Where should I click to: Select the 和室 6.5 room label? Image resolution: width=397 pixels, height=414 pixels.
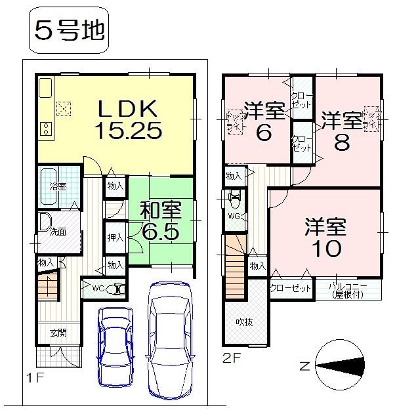(159, 222)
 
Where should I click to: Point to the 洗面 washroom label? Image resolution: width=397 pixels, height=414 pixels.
(58, 231)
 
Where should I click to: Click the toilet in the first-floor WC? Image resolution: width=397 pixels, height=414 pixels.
(117, 288)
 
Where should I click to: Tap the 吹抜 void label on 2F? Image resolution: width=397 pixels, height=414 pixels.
(246, 323)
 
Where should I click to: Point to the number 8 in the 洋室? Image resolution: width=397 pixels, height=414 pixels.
(341, 143)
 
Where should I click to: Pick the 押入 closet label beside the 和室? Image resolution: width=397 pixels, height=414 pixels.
(115, 237)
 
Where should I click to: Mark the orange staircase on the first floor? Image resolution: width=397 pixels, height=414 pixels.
(47, 287)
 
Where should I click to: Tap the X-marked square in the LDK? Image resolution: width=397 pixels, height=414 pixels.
(64, 108)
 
